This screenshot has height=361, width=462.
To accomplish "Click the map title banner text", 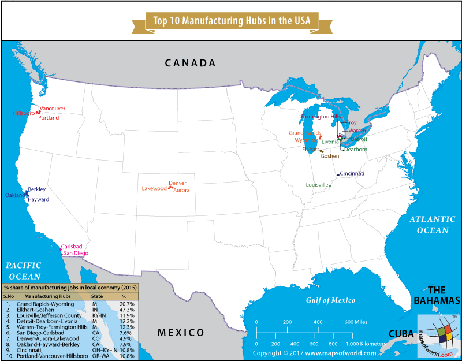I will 231,20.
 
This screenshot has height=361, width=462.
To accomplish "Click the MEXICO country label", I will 181,332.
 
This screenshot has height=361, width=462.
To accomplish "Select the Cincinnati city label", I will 352,173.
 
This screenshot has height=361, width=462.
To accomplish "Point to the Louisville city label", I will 318,185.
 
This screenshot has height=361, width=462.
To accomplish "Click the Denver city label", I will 177,183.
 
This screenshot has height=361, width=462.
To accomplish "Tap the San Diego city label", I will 76,254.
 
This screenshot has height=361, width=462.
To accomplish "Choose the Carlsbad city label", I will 72,246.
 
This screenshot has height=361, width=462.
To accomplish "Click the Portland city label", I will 49,118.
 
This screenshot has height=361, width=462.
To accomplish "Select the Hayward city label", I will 39,199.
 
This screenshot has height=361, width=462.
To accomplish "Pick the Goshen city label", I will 330,156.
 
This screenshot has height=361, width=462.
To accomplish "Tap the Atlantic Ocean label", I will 429,225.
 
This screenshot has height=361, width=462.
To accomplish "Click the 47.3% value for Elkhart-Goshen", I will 127,310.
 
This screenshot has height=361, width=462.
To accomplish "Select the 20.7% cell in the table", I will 127,303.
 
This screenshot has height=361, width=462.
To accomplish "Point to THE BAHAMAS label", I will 437,295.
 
